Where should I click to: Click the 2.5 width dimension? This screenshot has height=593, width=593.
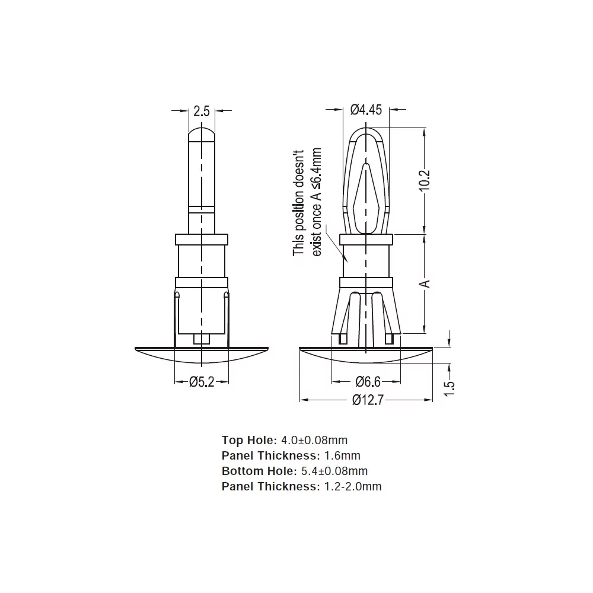(x=202, y=111)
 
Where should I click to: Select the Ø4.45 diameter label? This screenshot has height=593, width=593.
(x=366, y=110)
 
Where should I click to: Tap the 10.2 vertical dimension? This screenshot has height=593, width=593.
(x=425, y=181)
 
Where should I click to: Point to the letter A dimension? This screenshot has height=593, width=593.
(x=425, y=283)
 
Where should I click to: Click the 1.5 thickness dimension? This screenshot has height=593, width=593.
(x=449, y=388)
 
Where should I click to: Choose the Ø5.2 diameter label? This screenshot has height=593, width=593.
(x=202, y=382)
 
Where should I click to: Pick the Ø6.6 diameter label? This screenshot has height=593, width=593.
(x=368, y=382)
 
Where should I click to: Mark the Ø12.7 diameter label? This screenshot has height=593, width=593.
(x=368, y=400)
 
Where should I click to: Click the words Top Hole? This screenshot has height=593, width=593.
(x=250, y=440)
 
